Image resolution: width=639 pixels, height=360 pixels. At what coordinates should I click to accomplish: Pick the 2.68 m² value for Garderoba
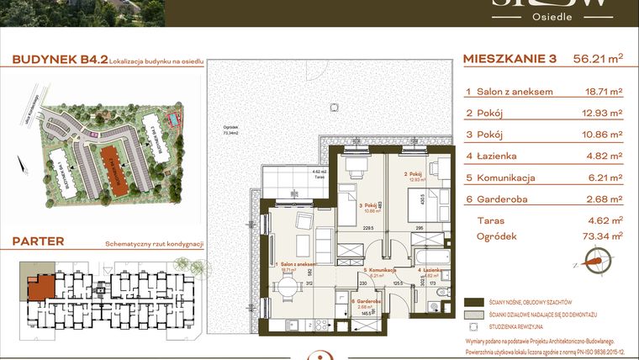click(604, 199)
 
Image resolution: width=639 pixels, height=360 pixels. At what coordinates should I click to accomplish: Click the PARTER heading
click(38, 241)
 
